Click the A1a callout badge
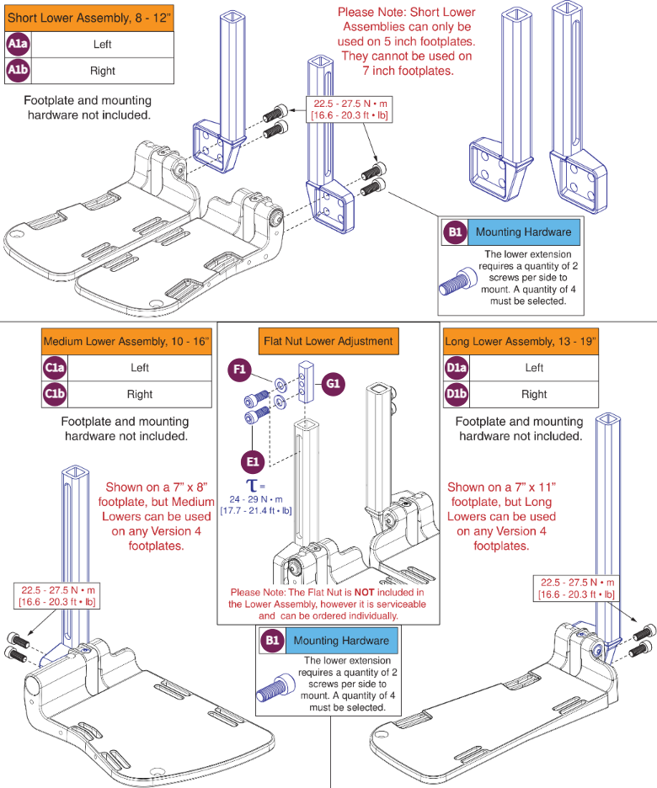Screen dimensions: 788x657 click(18, 44)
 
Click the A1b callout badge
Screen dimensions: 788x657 click(18, 71)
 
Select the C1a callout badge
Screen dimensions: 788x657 click(55, 367)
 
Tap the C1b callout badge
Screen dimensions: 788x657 click(55, 394)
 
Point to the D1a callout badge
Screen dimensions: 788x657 click(457, 367)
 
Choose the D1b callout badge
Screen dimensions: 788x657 click(457, 394)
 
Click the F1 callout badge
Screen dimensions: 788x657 click(240, 370)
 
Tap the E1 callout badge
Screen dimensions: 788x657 click(254, 461)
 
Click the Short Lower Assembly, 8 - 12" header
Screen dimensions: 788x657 click(88, 17)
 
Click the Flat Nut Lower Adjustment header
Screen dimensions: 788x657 click(328, 341)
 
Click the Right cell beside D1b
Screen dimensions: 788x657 click(534, 394)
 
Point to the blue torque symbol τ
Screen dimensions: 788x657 click(251, 486)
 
